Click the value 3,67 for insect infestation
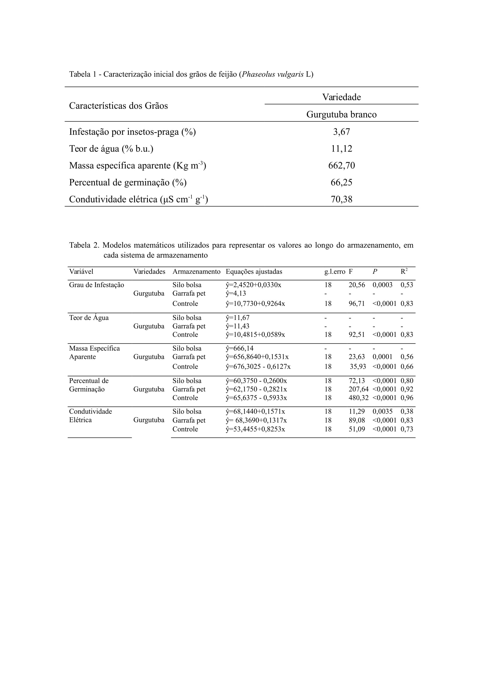pos(341,132)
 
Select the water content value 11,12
pos(341,149)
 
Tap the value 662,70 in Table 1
pos(341,165)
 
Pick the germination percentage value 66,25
pos(341,182)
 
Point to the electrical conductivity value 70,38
pos(341,199)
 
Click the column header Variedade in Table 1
pos(341,97)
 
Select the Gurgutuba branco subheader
pos(341,114)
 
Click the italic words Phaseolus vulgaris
pos(273,74)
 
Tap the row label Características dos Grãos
pos(118,106)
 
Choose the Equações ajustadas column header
pos(254,272)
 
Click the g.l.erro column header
pos(335,272)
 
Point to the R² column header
pos(404,271)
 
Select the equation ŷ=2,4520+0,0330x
pos(253,285)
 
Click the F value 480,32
pos(358,398)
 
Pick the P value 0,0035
pos(382,411)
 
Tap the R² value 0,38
pos(407,411)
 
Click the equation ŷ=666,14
pos(240,348)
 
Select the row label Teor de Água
pos(89,318)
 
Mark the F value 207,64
pos(358,389)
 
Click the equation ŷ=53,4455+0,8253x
pos(255,429)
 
